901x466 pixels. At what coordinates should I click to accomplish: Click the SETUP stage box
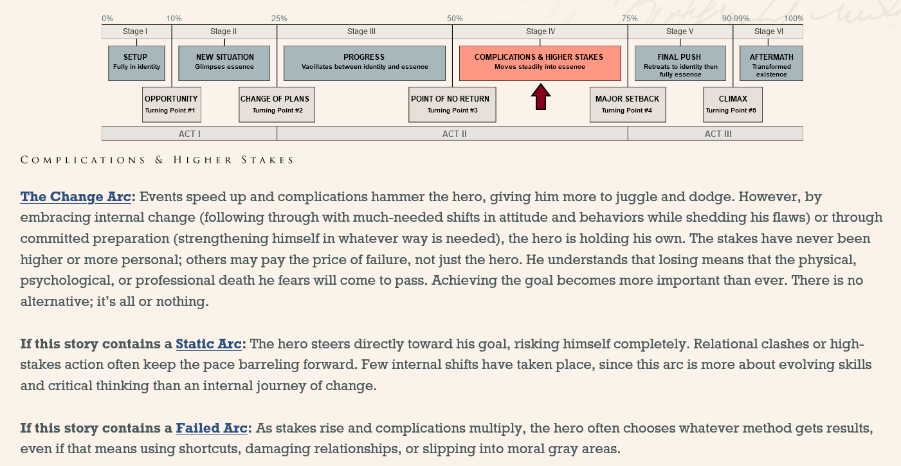(x=136, y=63)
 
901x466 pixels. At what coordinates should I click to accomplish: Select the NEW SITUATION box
(x=224, y=63)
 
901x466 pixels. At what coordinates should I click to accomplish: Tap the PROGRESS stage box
(x=364, y=63)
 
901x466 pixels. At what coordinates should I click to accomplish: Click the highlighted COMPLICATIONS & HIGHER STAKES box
(x=540, y=63)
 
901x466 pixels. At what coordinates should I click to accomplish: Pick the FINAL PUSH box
(x=680, y=63)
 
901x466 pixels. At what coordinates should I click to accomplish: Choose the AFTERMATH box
(x=771, y=63)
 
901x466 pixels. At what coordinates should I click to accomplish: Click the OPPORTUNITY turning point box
(x=170, y=104)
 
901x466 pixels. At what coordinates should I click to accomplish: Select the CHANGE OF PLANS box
(x=277, y=104)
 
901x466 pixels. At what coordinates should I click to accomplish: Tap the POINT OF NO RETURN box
(x=452, y=104)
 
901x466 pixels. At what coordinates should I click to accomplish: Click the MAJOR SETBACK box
(x=627, y=104)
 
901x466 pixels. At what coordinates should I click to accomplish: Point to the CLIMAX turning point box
(x=733, y=104)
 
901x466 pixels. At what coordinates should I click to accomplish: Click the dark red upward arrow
(x=540, y=98)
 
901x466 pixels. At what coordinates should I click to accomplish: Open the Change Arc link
(x=75, y=197)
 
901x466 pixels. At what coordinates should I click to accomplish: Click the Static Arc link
(x=208, y=344)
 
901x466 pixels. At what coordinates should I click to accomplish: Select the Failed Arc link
(x=211, y=428)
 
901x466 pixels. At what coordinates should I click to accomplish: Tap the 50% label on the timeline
(x=454, y=19)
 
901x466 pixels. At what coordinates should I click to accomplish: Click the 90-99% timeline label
(x=736, y=19)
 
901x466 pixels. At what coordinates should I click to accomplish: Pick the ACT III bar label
(x=718, y=134)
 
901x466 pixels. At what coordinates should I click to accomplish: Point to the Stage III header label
(x=361, y=31)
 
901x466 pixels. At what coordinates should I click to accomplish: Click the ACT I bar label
(x=189, y=134)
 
